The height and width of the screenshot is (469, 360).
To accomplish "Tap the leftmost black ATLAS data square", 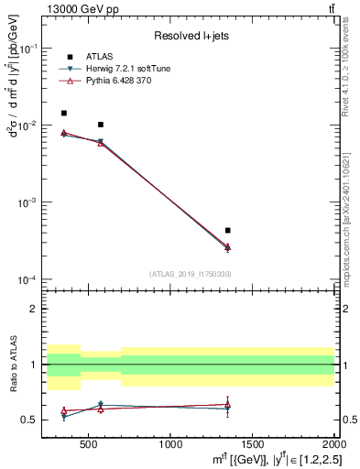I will (63, 114).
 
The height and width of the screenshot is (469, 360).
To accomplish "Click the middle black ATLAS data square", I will (101, 125).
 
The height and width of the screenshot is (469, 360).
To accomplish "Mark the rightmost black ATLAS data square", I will (227, 231).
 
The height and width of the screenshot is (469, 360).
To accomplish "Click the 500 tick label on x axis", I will (88, 444).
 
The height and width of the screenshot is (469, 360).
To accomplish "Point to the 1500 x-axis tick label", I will (253, 444).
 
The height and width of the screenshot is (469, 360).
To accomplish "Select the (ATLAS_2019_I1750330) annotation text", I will (190, 274).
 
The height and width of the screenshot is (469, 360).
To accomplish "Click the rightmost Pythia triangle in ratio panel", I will (227, 404).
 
